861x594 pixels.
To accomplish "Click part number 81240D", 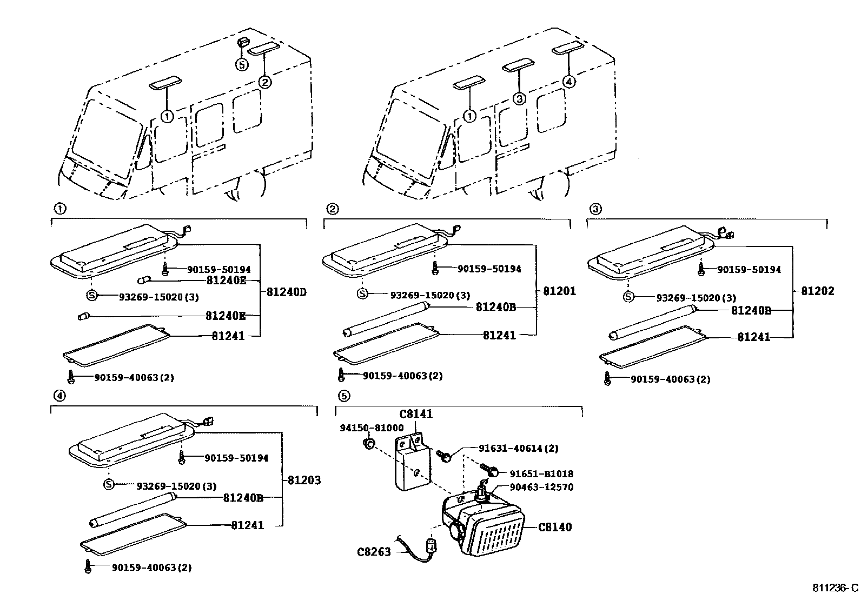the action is pos(286,292).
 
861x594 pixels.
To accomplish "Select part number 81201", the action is pos(559,291).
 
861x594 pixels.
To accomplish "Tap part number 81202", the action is pos(818,291).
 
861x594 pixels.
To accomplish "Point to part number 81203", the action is pos(304,480).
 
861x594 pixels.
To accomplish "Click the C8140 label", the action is pos(555,527).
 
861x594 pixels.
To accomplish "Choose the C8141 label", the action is pos(416,414).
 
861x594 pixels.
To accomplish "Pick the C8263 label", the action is pos(374,552).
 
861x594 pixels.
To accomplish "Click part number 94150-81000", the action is pos(372,428).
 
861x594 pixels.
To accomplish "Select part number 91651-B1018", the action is pos(541,474).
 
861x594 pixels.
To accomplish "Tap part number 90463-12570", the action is pos(541,487).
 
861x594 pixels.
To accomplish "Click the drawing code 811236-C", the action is pos(835,588).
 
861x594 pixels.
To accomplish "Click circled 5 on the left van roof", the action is pos(242,64).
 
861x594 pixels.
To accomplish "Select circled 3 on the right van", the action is pos(519,99).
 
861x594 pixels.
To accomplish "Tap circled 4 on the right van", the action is pos(569,82).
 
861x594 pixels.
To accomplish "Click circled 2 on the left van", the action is pos(265,82).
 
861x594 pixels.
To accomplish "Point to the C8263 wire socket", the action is pos(432,545).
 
